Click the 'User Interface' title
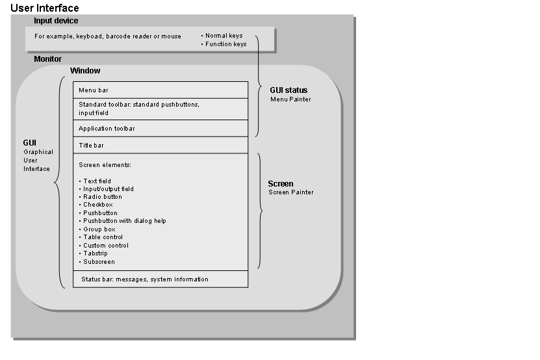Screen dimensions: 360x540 [45, 8]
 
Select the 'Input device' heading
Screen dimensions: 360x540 [56, 21]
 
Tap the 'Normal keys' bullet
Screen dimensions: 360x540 [224, 36]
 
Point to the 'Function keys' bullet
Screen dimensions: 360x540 [225, 44]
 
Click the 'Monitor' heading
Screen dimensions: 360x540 [47, 59]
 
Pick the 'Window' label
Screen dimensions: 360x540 [85, 71]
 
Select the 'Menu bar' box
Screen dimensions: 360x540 [160, 90]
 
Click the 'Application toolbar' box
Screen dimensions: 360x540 [160, 129]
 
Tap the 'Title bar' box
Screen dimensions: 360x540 [160, 146]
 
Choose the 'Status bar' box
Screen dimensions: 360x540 [160, 279]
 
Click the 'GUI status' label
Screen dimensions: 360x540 [289, 90]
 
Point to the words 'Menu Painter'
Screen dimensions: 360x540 [290, 99]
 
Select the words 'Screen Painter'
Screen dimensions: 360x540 [291, 192]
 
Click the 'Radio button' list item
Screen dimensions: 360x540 [102, 197]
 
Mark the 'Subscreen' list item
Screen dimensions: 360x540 [99, 262]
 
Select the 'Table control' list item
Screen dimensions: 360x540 [103, 237]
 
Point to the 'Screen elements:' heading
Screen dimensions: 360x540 [105, 165]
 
